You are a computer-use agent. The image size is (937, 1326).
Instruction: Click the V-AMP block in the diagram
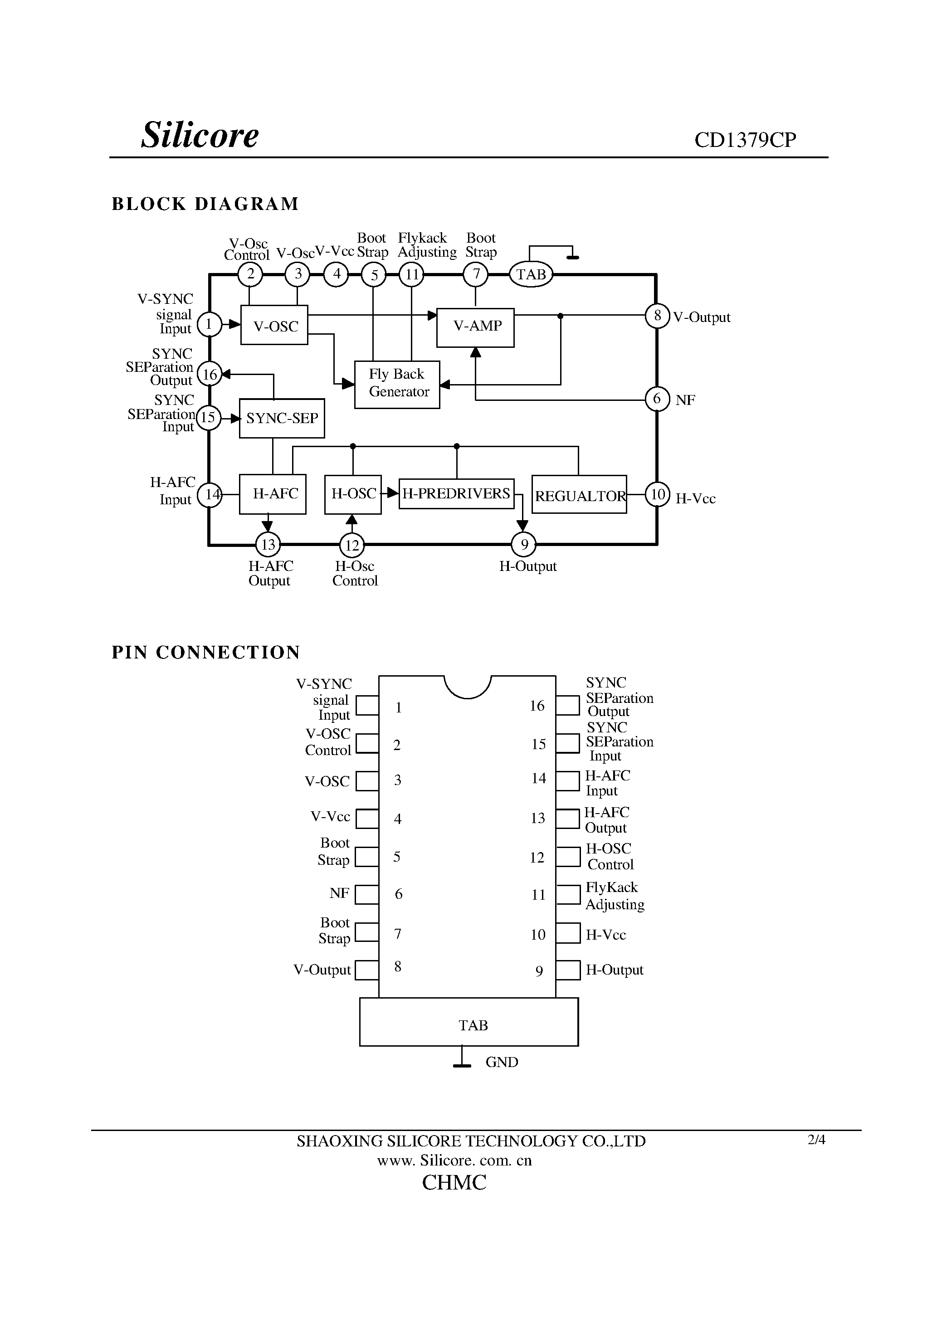coord(475,327)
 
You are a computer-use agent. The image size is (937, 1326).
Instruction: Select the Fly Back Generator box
coord(397,384)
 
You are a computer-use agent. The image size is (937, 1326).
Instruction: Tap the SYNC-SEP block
coord(282,418)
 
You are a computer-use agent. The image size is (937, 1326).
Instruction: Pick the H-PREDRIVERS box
coord(456,494)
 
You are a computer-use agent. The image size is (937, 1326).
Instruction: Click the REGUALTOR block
coord(579,495)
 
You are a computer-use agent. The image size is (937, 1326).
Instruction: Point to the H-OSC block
coord(353,494)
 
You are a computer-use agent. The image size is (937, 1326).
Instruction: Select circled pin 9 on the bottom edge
coord(523,544)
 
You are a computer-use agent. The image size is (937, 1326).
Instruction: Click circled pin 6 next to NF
coord(657,399)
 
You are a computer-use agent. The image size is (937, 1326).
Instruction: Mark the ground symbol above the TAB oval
coord(572,256)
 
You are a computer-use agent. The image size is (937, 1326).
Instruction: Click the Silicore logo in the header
coord(200,135)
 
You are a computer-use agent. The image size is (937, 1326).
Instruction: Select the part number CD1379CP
coord(745,140)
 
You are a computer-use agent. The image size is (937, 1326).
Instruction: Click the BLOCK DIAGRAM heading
coord(205,204)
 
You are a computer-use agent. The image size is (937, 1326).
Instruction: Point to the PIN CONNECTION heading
coord(205,653)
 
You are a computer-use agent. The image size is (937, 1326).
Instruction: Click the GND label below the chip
coord(502,1062)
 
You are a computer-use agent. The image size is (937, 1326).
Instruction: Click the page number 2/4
coord(816,1140)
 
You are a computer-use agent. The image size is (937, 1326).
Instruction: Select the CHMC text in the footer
coord(454,1183)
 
